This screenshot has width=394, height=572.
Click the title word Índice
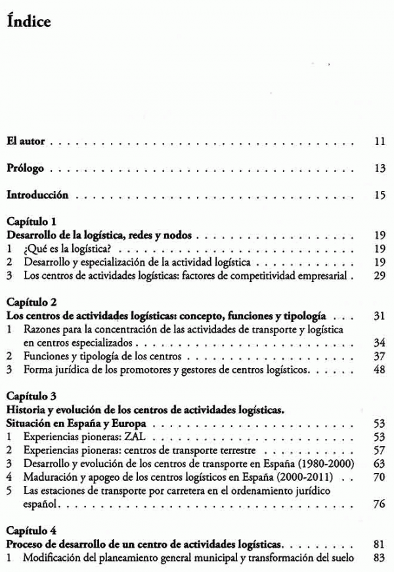click(28, 22)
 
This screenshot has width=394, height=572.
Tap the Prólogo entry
click(26, 169)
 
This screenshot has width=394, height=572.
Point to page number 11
click(379, 141)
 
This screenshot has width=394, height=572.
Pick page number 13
click(379, 169)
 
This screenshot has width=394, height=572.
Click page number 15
click(379, 195)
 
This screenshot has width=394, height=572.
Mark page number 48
click(378, 370)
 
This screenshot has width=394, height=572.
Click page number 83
click(378, 557)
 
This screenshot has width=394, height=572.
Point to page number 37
click(378, 357)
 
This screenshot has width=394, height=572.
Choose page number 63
click(378, 463)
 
